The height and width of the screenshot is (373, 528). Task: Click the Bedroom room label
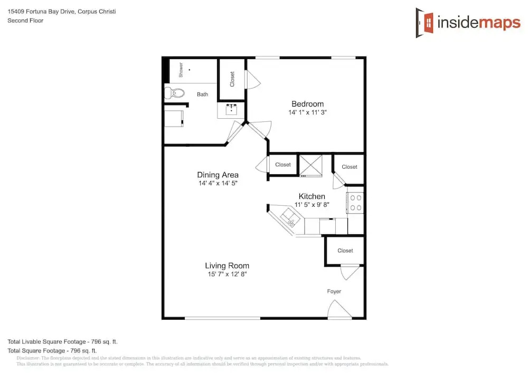coord(307,104)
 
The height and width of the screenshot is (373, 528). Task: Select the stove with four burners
coord(355,203)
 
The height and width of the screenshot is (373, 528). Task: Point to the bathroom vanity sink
coord(231,109)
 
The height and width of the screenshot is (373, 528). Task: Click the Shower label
coord(181,70)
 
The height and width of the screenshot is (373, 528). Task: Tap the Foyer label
coord(334,291)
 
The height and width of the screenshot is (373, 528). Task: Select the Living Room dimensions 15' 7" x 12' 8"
coord(227,274)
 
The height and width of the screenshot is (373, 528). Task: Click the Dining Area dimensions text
coord(218,183)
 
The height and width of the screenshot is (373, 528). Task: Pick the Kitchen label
coord(312,196)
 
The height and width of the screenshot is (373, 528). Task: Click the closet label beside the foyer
coord(345,251)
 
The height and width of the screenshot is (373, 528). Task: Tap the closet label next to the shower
coord(232,79)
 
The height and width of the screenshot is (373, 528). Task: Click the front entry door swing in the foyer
coord(339,309)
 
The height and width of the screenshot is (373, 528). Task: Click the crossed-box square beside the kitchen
coord(310,165)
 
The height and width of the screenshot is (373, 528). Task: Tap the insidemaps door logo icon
coord(425,23)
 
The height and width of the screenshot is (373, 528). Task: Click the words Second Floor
coord(25,21)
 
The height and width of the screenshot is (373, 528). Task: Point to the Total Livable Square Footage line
coord(63,342)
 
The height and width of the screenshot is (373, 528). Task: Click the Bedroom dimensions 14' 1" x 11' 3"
coord(307,112)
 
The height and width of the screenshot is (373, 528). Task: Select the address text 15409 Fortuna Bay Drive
coord(41,12)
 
